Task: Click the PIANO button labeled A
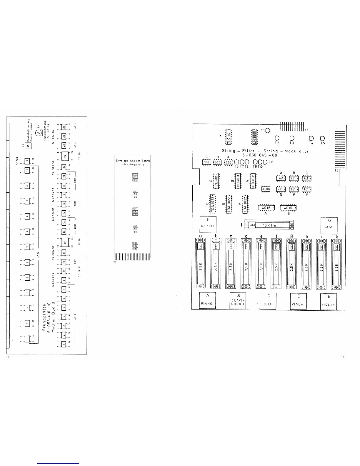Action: (208, 300)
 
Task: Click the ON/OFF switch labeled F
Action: (208, 224)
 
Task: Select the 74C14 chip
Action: (229, 137)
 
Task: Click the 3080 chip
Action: (266, 189)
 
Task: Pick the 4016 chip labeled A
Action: (266, 208)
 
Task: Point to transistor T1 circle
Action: (268, 130)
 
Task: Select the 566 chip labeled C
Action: (206, 162)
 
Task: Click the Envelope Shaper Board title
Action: (132, 161)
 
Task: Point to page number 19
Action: (343, 357)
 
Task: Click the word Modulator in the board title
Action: (297, 151)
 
